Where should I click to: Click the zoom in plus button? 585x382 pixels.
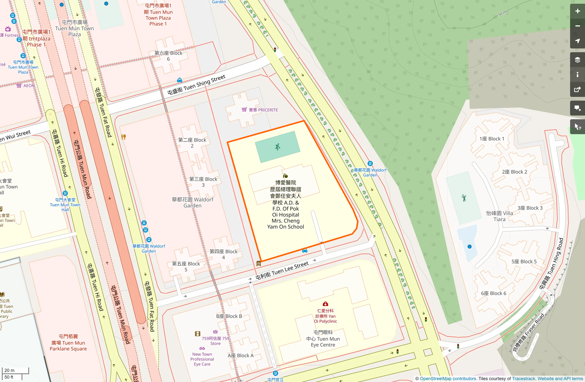(577, 11)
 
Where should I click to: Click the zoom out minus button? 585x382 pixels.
(577, 26)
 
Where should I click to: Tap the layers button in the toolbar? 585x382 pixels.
(577, 60)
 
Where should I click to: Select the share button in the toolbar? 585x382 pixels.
(577, 90)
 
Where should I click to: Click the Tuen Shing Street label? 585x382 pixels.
(196, 85)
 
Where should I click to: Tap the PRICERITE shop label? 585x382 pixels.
(263, 110)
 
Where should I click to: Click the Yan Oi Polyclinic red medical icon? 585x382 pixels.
(325, 304)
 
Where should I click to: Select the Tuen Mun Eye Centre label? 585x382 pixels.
(323, 339)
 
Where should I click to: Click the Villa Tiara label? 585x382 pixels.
(499, 216)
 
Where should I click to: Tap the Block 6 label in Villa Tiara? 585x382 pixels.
(493, 293)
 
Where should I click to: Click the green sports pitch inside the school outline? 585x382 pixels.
(277, 147)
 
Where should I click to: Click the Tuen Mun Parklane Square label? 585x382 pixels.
(68, 343)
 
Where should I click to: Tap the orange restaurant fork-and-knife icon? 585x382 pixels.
(123, 137)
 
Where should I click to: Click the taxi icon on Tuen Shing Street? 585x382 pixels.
(179, 80)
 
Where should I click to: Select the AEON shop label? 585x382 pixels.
(29, 86)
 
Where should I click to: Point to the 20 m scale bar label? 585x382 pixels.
(9, 370)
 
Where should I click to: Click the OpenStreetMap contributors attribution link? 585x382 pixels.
(447, 379)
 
